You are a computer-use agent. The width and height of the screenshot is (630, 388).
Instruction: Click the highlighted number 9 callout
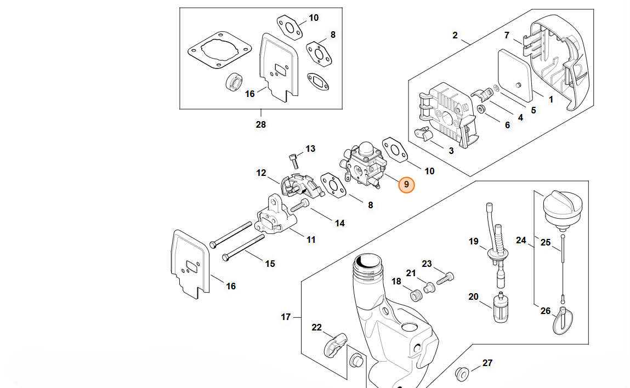[406, 185]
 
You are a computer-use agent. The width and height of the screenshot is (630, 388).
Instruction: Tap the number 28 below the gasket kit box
[260, 124]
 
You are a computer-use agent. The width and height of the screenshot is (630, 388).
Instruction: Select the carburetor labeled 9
[362, 164]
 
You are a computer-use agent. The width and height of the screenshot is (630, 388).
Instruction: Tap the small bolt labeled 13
[295, 159]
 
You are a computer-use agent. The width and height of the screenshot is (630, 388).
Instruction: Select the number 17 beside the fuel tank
[286, 317]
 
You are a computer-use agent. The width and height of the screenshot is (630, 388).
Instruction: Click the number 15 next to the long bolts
[270, 264]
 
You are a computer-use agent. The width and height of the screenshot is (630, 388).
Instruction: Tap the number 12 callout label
[261, 173]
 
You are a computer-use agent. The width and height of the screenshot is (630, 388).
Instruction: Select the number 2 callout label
[455, 36]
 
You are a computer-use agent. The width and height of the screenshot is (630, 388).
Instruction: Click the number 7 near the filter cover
[507, 36]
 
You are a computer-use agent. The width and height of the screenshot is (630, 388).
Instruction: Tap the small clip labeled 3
[422, 134]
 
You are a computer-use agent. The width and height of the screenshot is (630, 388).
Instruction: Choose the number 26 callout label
[546, 311]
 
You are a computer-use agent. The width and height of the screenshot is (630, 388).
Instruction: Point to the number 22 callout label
[317, 328]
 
